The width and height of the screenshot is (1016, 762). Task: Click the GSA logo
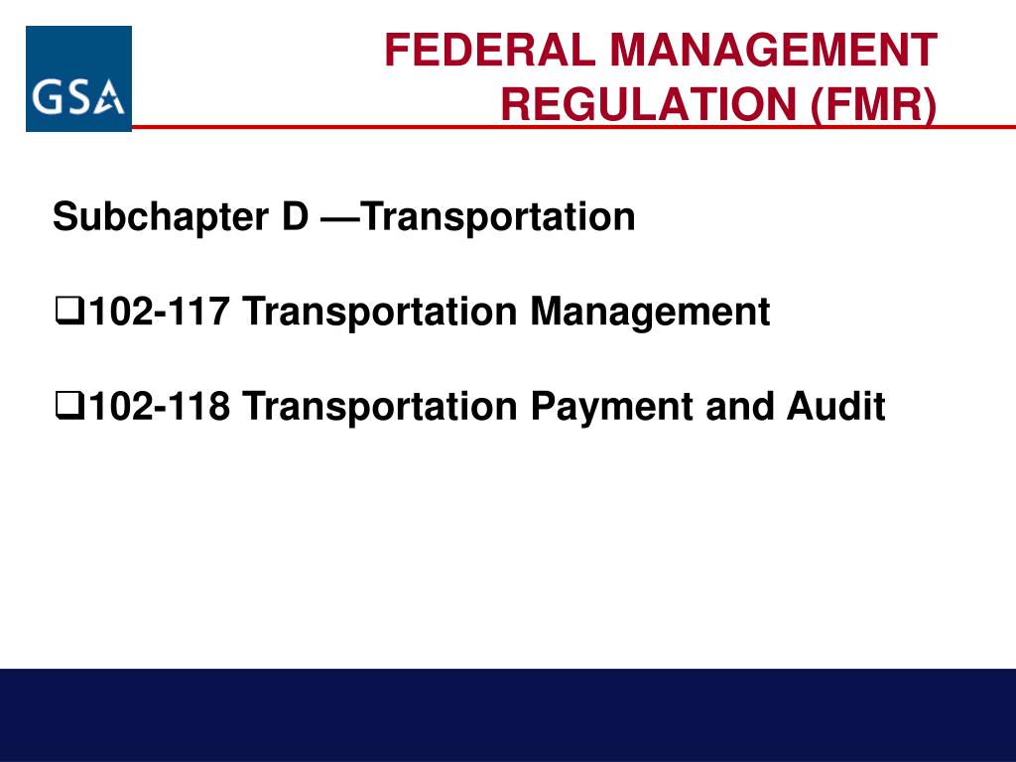[x=79, y=79]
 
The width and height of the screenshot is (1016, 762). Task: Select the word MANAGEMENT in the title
[x=774, y=51]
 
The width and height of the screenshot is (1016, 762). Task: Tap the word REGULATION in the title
[x=649, y=104]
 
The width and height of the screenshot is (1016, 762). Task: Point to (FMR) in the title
[x=873, y=105]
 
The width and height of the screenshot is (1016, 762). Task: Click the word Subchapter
[x=161, y=217]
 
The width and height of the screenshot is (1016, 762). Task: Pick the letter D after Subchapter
[x=296, y=216]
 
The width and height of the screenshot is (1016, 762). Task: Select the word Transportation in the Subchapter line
[x=498, y=217]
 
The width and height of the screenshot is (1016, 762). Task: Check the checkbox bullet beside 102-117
[x=70, y=311]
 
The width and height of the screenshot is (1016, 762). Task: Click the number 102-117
[x=160, y=311]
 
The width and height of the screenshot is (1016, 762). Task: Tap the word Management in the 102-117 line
[x=651, y=313]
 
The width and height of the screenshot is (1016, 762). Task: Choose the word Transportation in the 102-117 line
[x=380, y=313]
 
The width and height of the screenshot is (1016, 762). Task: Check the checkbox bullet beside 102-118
[x=70, y=406]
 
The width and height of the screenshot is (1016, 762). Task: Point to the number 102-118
[x=160, y=406]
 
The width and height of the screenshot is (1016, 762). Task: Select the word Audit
[x=836, y=406]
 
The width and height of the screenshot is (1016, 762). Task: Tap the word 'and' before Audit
[x=740, y=406]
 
